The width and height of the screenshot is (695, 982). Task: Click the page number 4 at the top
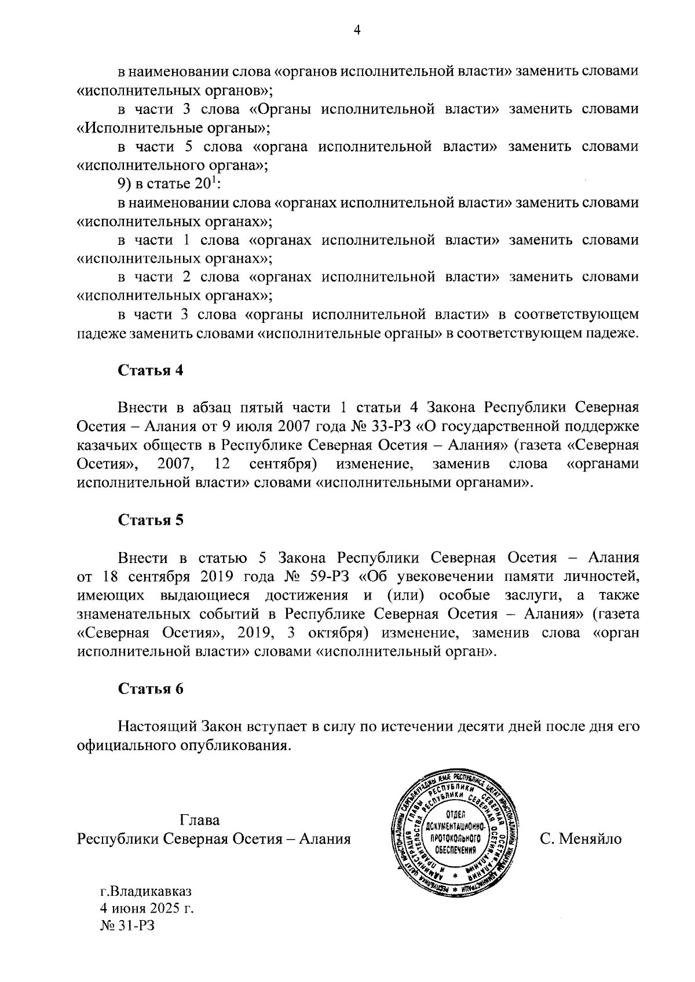(x=356, y=31)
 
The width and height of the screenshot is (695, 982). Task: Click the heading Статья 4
(x=151, y=370)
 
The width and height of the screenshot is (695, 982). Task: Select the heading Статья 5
(x=151, y=520)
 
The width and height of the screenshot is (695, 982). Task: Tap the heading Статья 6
(x=151, y=688)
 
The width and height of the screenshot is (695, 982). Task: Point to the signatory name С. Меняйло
(x=580, y=838)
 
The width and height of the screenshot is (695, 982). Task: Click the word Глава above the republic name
(x=200, y=820)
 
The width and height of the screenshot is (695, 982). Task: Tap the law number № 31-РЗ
(x=129, y=925)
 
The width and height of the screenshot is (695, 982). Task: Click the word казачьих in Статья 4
(x=105, y=446)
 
